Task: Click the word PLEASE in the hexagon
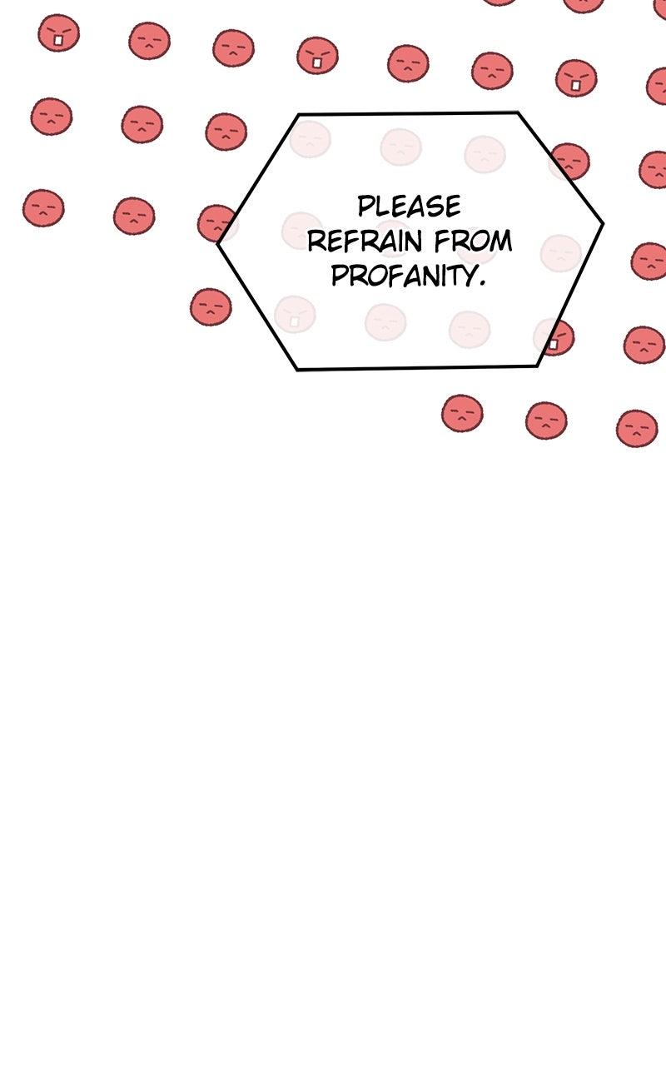(x=409, y=206)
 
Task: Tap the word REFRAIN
(x=365, y=241)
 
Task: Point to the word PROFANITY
(x=404, y=275)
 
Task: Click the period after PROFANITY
(x=482, y=284)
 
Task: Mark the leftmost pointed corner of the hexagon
(x=218, y=243)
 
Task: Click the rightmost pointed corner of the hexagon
(x=603, y=222)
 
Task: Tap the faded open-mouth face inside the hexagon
(x=295, y=315)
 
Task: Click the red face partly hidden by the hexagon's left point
(x=217, y=223)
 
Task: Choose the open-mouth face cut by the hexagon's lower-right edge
(x=555, y=337)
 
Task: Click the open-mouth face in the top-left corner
(x=59, y=32)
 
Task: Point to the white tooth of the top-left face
(x=58, y=41)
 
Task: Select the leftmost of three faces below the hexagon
(x=462, y=413)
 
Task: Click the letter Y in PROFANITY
(x=468, y=276)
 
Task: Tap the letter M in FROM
(x=501, y=241)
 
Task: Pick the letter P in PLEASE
(x=365, y=206)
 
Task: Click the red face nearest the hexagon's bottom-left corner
(x=211, y=307)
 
